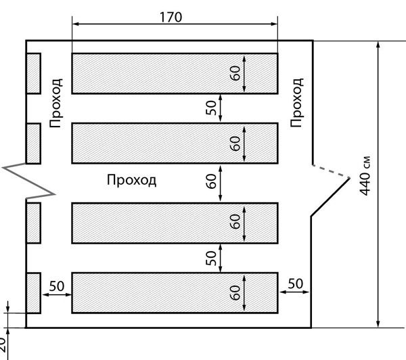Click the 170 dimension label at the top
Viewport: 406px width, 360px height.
(x=171, y=17)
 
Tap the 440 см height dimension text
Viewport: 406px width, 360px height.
(x=366, y=177)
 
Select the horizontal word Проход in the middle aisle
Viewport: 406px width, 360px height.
(x=132, y=180)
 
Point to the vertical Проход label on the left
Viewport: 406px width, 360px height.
(x=56, y=102)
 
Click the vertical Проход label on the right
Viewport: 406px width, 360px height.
(x=296, y=102)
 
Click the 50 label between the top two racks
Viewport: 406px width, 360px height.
(x=210, y=108)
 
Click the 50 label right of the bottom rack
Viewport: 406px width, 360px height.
(x=295, y=285)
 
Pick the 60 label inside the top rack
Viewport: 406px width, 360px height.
(x=235, y=73)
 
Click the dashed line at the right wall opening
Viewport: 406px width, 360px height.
(x=331, y=171)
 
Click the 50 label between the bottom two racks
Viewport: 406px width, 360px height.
(x=210, y=258)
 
